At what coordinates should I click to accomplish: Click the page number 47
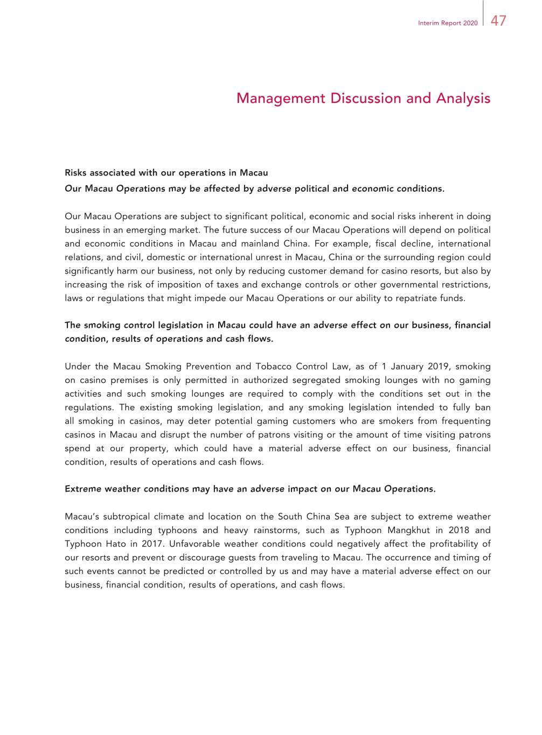498,21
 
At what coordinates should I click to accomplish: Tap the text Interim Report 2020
448,23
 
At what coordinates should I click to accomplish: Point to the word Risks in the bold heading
76,173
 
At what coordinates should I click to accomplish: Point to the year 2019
438,367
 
